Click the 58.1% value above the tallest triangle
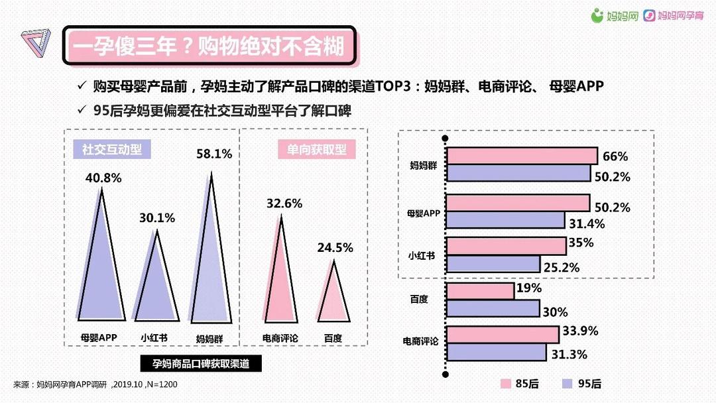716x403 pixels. point(214,154)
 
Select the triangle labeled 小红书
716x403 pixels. point(157,285)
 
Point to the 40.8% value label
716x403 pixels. point(103,178)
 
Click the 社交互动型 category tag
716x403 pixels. point(112,148)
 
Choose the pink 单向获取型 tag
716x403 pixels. point(317,149)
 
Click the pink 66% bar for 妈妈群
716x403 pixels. point(522,156)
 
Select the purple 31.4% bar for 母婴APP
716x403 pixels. point(505,220)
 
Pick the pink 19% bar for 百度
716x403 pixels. point(481,291)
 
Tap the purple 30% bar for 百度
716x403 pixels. point(493,309)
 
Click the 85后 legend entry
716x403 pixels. point(518,384)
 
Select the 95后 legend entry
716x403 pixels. point(581,384)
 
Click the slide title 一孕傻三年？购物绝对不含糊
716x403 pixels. point(209,46)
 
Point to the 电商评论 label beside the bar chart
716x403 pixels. point(420,341)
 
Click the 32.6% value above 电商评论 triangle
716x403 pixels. point(284,203)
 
